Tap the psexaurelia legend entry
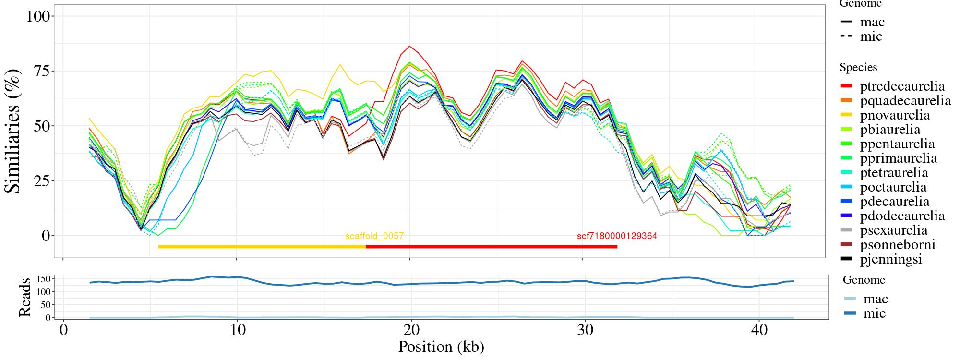893,230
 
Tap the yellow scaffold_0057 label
374,236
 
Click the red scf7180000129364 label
617,236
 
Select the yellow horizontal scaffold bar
262,247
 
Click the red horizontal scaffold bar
492,247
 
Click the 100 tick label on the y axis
38,16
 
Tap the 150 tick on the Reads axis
44,279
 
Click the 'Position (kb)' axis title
441,347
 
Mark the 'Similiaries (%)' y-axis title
13,131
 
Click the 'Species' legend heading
858,68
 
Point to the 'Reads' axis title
25,297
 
